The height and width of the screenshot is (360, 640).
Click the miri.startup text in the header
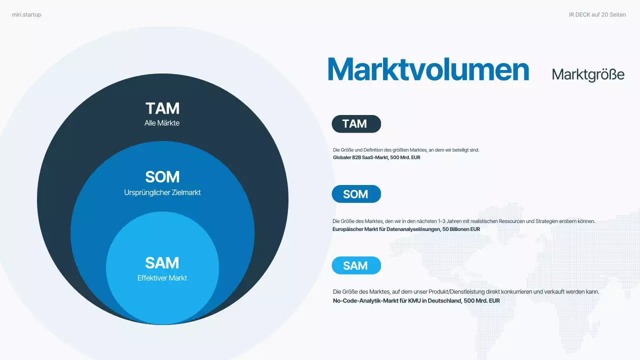tap(26, 15)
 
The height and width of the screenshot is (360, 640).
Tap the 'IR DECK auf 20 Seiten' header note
tap(597, 15)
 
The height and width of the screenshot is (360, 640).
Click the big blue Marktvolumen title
tap(428, 70)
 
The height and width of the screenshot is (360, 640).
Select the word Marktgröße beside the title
tap(588, 74)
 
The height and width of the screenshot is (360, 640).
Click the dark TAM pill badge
tap(356, 124)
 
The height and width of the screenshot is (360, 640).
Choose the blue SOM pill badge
tap(356, 194)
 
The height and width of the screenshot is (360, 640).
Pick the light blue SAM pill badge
tap(356, 266)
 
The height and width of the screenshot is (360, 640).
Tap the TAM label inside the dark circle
tap(162, 108)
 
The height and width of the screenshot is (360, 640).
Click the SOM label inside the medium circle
tap(162, 177)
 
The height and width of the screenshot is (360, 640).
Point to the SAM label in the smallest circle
tap(162, 263)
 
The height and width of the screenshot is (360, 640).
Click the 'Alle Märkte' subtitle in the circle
tap(162, 123)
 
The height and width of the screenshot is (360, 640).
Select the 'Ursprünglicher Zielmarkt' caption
tap(162, 192)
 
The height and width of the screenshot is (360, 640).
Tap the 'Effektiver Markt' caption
tap(162, 278)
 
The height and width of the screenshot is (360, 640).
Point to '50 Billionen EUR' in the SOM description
tap(461, 229)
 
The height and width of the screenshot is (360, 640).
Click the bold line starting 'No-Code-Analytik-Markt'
tap(416, 300)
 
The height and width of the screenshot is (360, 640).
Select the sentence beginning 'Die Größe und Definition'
tap(406, 149)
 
